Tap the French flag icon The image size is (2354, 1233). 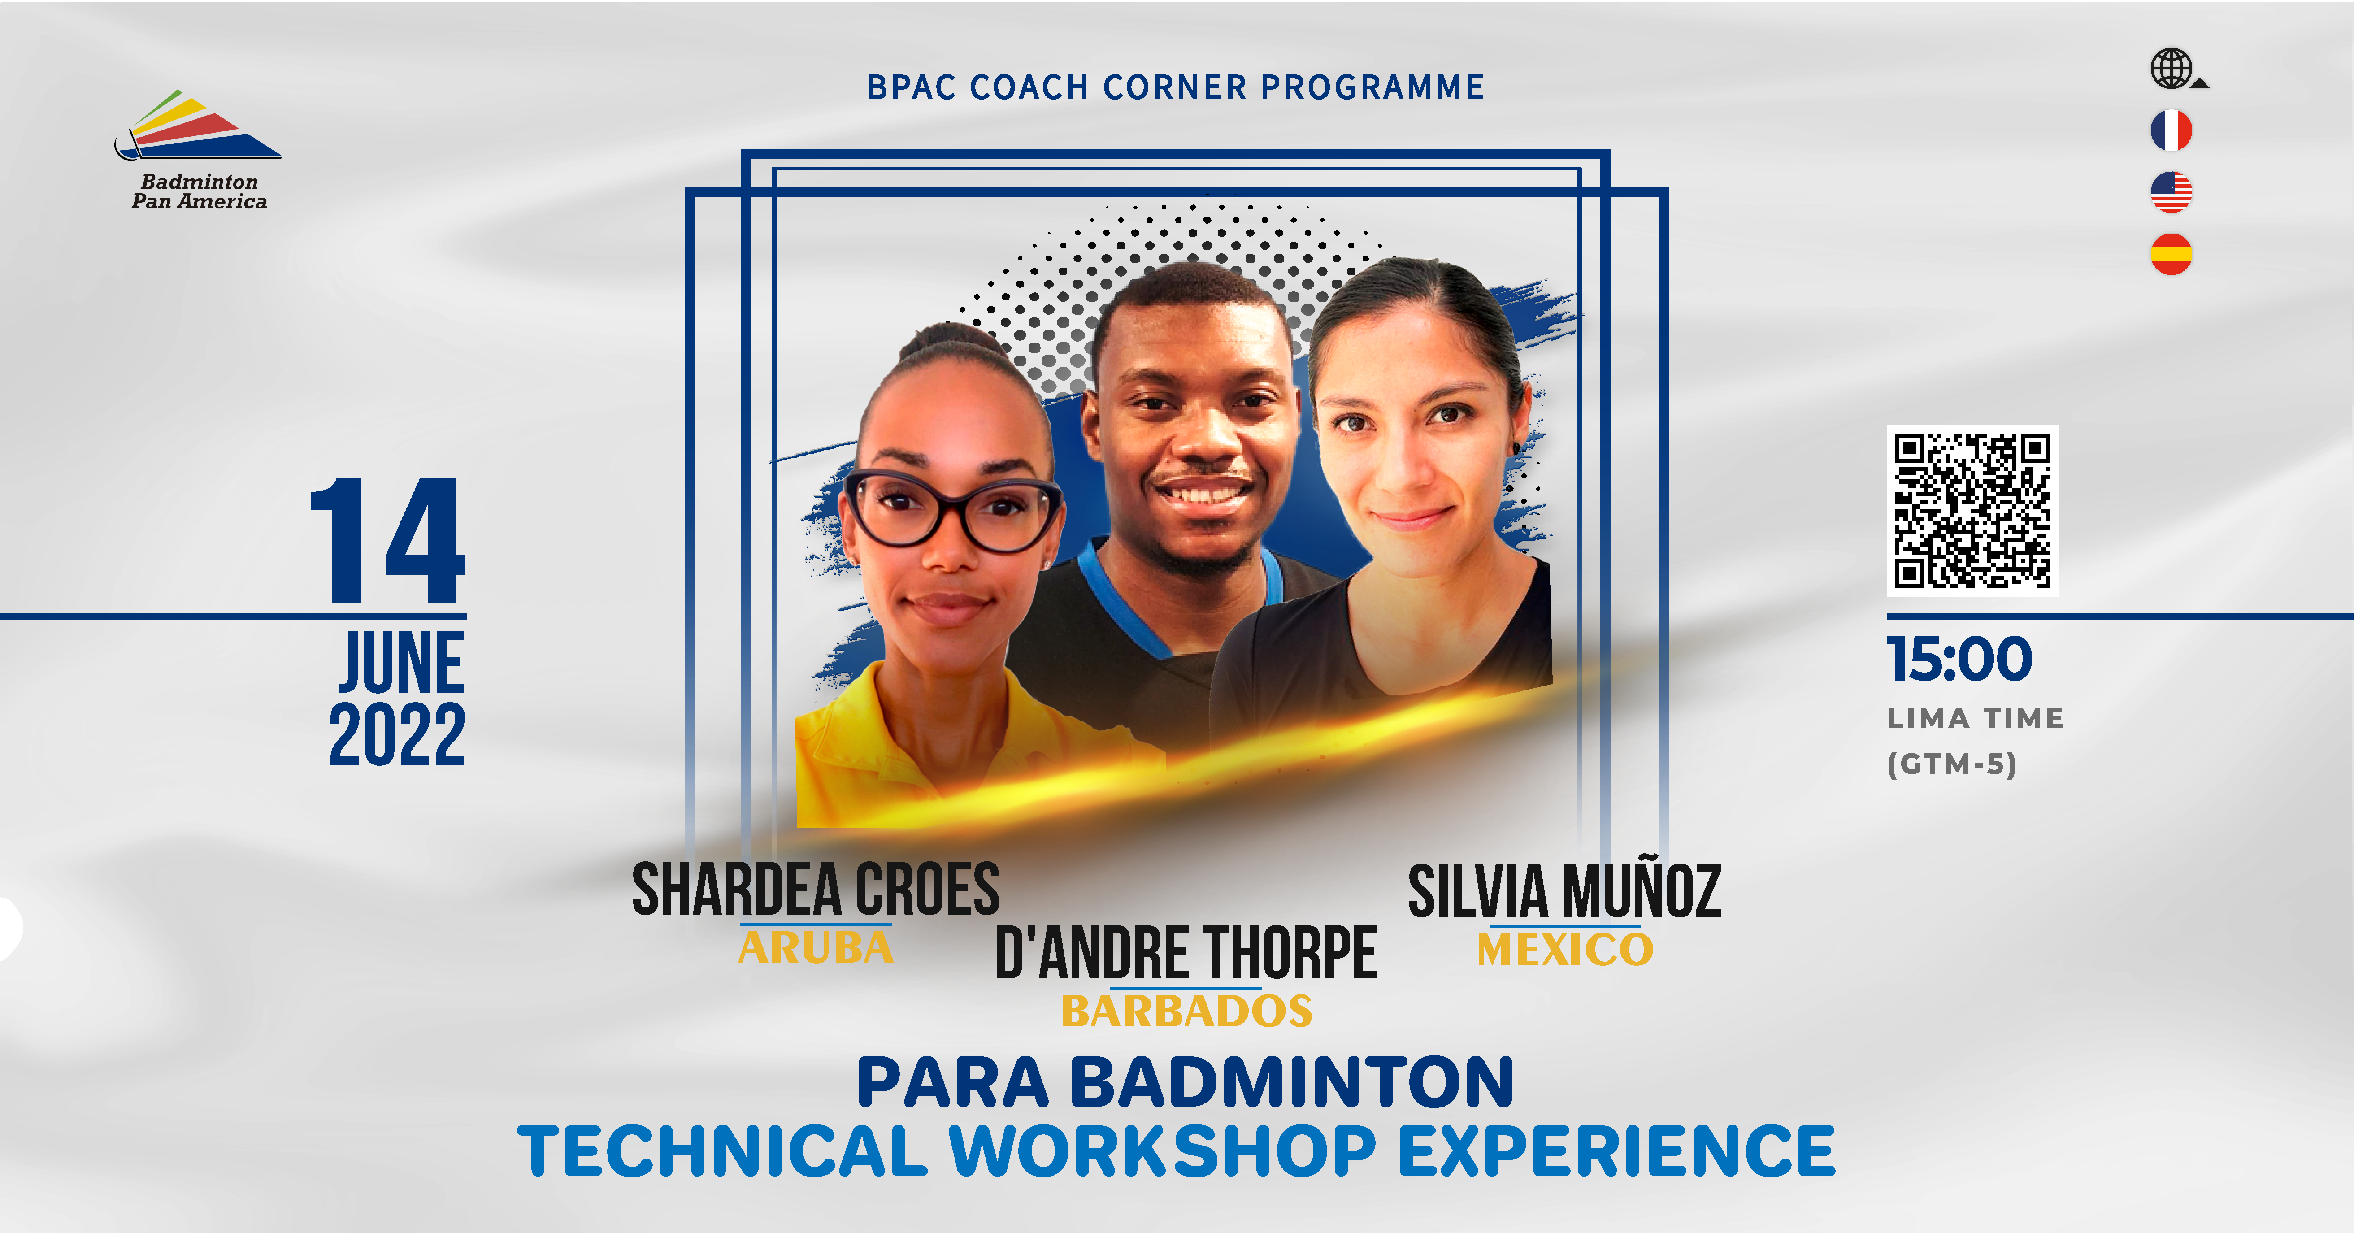(2171, 130)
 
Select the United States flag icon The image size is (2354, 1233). (2171, 192)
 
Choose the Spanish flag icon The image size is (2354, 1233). (2171, 254)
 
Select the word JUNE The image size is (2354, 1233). (402, 663)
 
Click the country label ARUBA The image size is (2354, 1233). (815, 948)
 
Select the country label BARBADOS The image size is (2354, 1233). (1186, 1011)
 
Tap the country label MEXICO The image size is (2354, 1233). (1565, 950)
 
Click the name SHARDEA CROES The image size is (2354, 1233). (816, 890)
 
